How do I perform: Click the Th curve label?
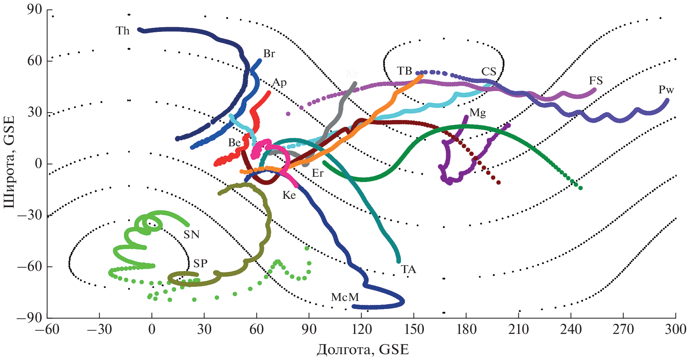click(x=123, y=31)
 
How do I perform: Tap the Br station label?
click(x=269, y=54)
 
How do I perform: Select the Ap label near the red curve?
click(x=279, y=83)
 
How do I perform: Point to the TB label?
click(x=404, y=71)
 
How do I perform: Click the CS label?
click(x=489, y=72)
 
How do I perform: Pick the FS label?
click(x=596, y=81)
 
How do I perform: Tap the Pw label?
click(x=666, y=90)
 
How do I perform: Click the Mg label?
click(x=478, y=113)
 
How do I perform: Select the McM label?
click(x=345, y=297)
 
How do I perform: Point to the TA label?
click(x=408, y=269)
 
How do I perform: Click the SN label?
click(x=191, y=235)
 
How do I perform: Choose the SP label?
click(x=200, y=263)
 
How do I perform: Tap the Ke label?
click(x=289, y=195)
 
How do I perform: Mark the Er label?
click(x=317, y=173)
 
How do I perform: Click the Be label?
click(x=234, y=143)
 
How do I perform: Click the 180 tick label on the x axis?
click(x=466, y=330)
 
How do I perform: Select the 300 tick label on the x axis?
click(x=675, y=330)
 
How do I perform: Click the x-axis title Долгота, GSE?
click(x=363, y=349)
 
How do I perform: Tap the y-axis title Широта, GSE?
click(x=10, y=162)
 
